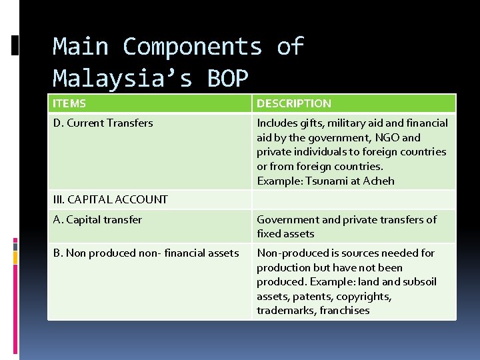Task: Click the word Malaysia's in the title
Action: tap(123, 78)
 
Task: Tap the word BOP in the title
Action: tap(227, 78)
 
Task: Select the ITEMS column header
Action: tap(69, 103)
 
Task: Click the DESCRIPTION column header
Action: tap(294, 103)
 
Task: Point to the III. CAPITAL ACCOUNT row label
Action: tap(110, 199)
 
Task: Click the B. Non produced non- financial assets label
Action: tap(145, 253)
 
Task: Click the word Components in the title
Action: tap(193, 47)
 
